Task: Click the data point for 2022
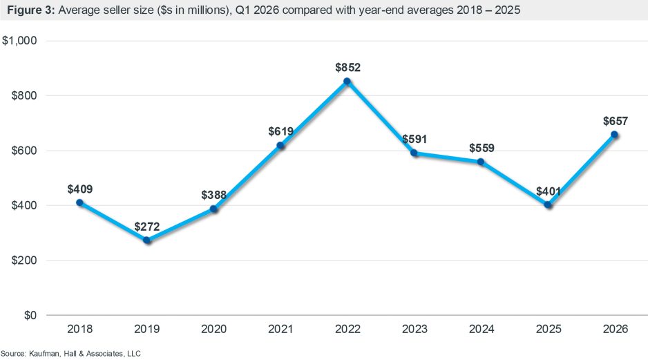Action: point(347,81)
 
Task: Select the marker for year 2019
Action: point(146,240)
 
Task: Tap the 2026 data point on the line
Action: point(615,135)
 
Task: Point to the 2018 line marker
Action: point(79,202)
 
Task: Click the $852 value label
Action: point(347,68)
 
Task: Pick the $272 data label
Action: point(146,227)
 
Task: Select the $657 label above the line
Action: point(615,121)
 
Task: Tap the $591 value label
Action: point(414,140)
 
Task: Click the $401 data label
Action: point(548,191)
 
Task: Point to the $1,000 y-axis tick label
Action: point(23,41)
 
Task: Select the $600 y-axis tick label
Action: point(27,151)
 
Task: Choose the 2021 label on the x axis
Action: point(280,330)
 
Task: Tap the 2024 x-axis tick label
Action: point(481,330)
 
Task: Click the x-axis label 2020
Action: point(213,330)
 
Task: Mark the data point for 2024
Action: point(481,162)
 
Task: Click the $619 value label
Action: point(280,132)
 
